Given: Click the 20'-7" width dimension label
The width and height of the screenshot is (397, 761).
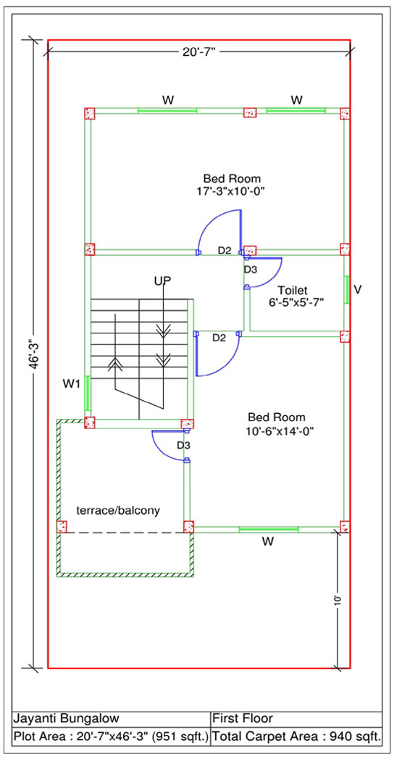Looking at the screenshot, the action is [x=199, y=52].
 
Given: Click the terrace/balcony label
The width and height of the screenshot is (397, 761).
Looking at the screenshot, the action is [x=118, y=510].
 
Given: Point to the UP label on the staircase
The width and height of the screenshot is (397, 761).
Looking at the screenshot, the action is [x=163, y=281].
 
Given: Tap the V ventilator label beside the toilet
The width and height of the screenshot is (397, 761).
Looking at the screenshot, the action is [x=358, y=289].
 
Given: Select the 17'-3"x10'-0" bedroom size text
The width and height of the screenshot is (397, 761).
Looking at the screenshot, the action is [x=230, y=191].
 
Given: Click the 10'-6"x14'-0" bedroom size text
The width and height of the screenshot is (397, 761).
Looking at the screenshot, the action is [x=277, y=431].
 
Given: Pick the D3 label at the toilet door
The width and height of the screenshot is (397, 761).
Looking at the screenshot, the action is [x=250, y=269].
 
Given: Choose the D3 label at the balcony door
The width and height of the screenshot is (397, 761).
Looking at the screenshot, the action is [x=183, y=445].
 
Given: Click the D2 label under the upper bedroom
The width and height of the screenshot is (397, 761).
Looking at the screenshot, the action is [x=225, y=251].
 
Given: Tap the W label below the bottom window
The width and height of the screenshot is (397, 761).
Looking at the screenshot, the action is [x=267, y=543].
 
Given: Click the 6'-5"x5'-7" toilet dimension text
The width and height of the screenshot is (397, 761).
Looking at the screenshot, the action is [x=296, y=302].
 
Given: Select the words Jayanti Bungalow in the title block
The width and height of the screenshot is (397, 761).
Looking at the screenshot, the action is [x=65, y=718].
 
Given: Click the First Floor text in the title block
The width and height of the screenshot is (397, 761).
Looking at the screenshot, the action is [x=243, y=718].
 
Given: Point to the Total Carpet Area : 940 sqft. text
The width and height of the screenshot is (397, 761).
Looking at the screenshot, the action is [x=297, y=736].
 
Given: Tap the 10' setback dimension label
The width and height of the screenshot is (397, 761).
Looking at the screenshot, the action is [x=338, y=600].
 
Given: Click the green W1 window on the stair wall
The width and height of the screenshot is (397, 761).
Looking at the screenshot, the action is [x=88, y=393].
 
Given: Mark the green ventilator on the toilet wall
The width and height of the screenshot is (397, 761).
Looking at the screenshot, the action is [x=346, y=290].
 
